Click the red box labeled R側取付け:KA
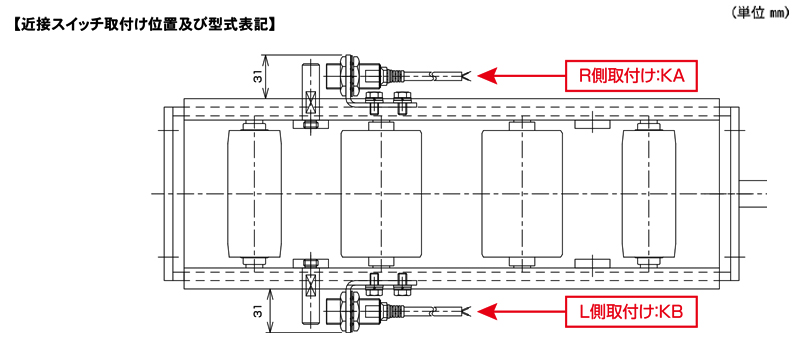click(631, 76)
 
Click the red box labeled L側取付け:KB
click(631, 311)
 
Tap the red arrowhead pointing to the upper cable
click(488, 76)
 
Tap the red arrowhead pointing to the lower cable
click(488, 311)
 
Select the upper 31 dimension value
click(259, 76)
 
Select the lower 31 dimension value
click(259, 311)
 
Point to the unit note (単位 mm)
click(761, 14)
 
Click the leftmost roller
click(254, 194)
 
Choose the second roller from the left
click(381, 194)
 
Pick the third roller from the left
click(522, 194)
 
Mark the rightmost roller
click(648, 194)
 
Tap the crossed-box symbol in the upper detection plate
click(310, 103)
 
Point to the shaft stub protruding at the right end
click(754, 194)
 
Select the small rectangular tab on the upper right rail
click(592, 124)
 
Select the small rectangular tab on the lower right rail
click(592, 263)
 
